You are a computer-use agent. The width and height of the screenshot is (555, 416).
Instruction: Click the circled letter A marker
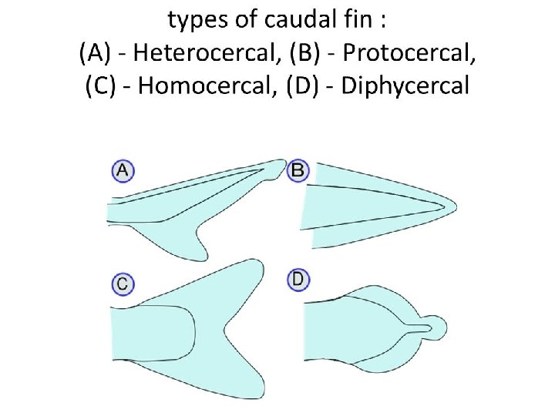pos(122,171)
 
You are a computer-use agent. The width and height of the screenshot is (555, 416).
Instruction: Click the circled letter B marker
pos(298,170)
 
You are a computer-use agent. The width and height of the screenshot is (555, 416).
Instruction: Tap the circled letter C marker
pos(122,284)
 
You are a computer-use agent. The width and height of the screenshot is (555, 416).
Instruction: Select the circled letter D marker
pos(298,279)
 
